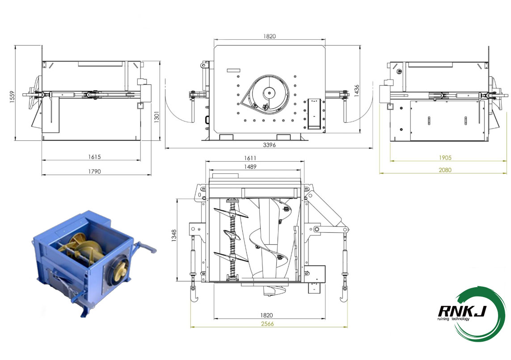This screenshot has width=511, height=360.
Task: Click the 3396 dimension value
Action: pos(269,145)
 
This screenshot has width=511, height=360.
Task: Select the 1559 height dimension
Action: pos(12,96)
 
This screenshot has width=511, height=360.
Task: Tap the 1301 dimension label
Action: pos(157,117)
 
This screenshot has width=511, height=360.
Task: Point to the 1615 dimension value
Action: pos(94,157)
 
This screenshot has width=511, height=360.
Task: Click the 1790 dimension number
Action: pos(94,172)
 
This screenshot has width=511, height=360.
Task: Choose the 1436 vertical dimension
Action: pos(356,91)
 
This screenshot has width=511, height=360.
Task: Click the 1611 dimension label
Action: pos(250,158)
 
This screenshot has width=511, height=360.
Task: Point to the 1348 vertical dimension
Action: pos(175,236)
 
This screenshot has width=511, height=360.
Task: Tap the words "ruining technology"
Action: pos(453,319)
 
